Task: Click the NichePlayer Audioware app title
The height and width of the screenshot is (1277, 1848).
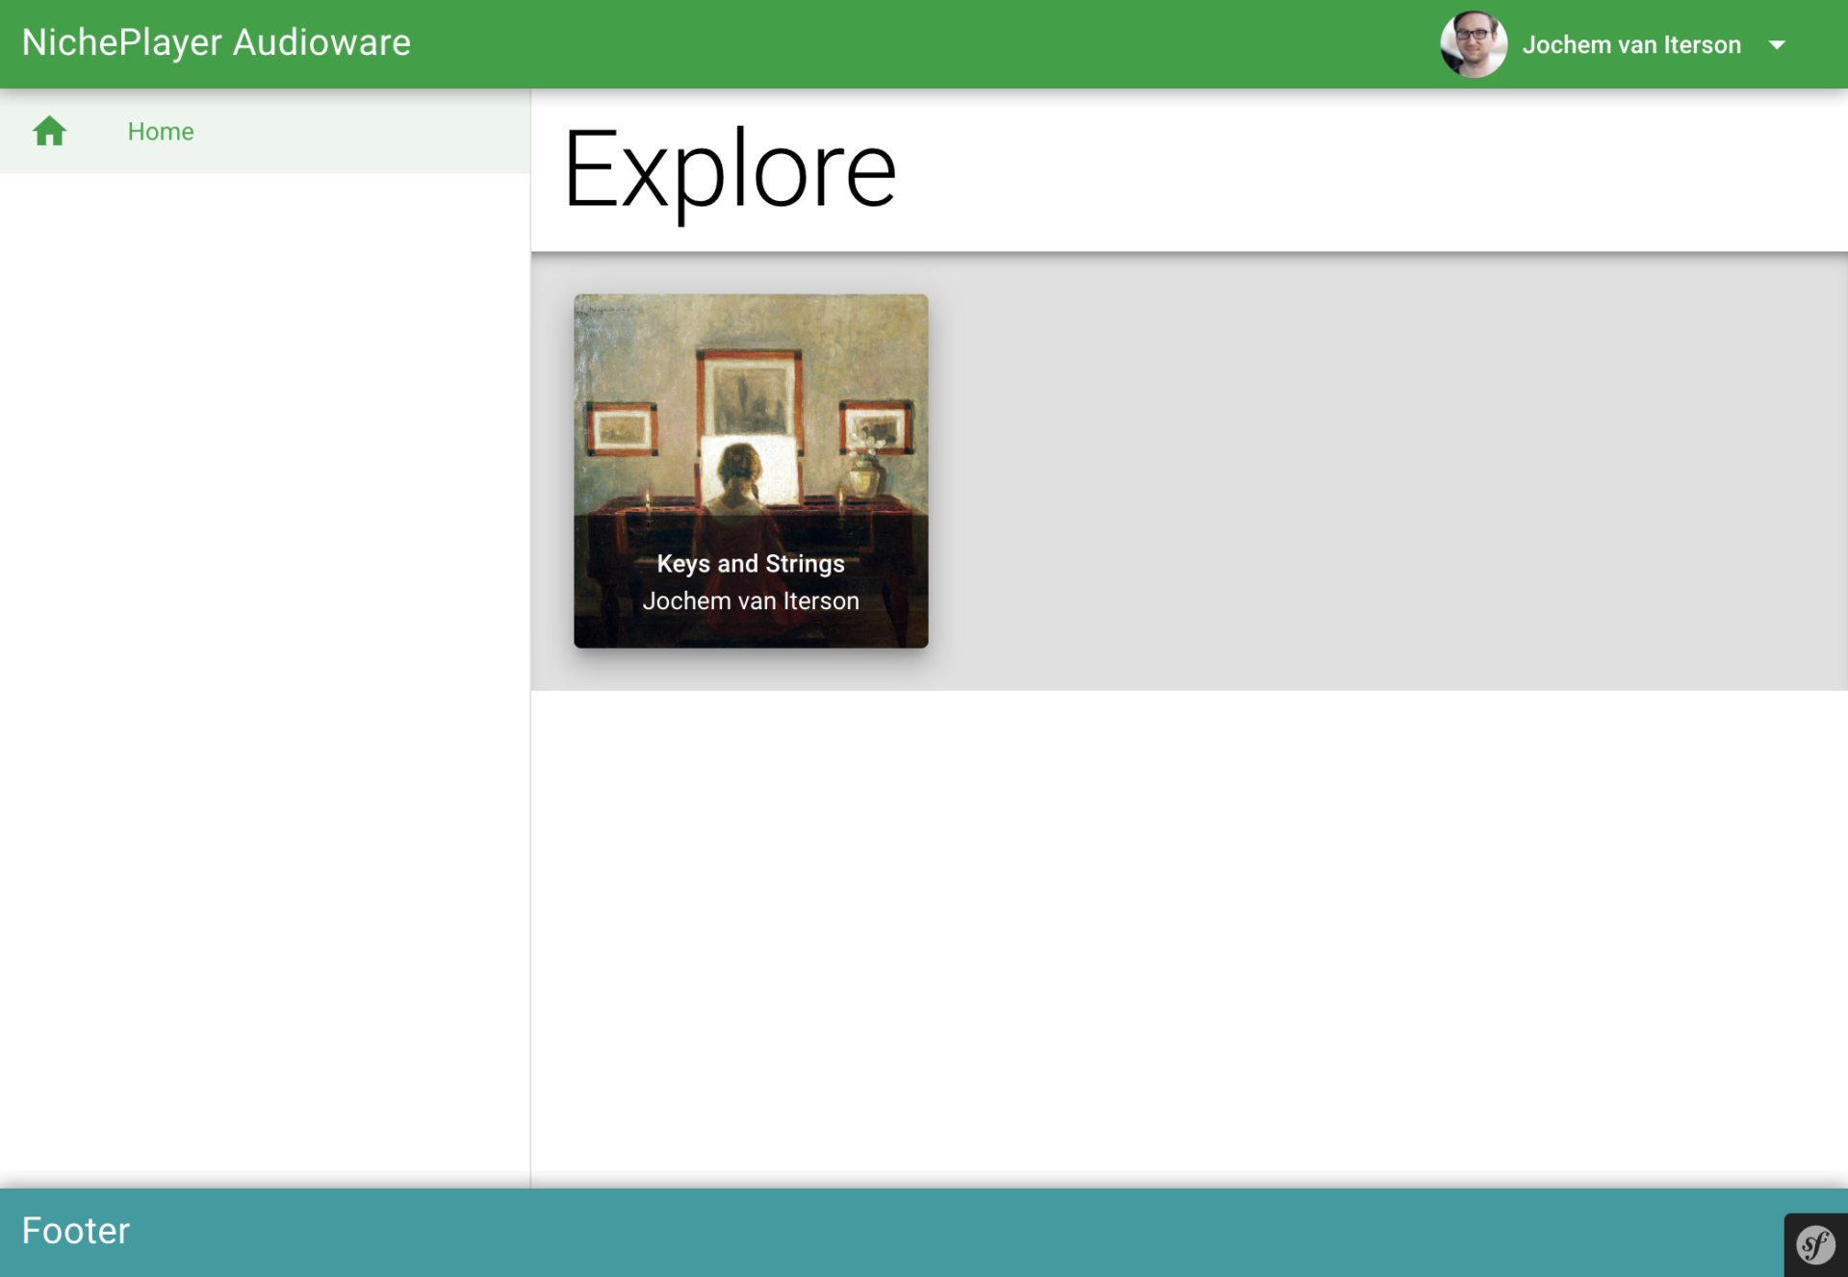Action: (217, 43)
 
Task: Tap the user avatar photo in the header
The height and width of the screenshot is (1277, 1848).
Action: (1474, 44)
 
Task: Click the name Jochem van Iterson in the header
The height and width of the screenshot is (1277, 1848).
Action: (1631, 45)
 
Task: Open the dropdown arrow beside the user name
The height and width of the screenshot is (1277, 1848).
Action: (1777, 45)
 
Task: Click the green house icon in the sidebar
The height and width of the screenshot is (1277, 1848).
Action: (49, 131)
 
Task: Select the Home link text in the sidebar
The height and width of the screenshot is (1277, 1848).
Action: (161, 132)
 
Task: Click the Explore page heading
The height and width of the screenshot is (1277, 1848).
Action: (730, 170)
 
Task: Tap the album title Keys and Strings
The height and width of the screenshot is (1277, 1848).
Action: (751, 564)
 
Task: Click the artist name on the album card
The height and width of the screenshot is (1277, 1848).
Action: (751, 601)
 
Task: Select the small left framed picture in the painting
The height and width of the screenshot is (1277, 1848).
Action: (623, 429)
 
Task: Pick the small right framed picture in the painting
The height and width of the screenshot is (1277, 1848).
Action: (876, 426)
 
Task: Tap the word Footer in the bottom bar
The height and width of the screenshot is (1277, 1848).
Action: (76, 1231)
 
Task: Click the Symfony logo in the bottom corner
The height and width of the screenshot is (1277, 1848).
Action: (1816, 1245)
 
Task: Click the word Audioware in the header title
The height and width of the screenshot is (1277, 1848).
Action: (321, 43)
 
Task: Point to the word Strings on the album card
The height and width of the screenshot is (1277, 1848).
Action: (805, 565)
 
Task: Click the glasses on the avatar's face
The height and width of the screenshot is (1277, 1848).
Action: (1473, 35)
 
